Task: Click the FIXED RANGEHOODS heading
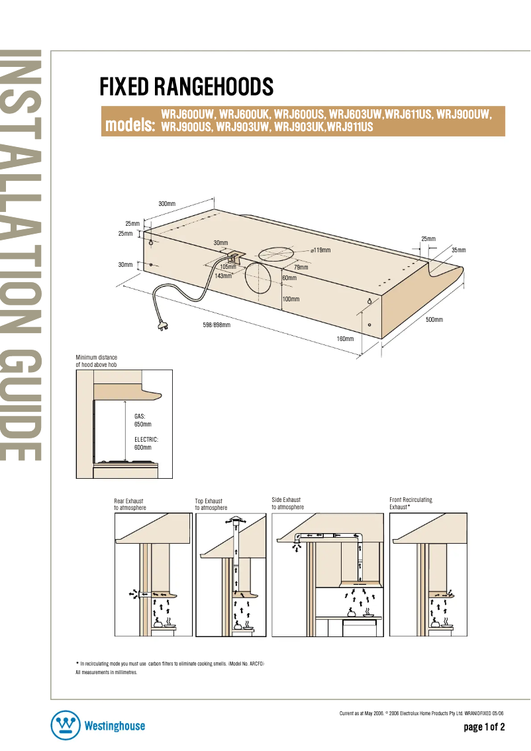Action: [186, 86]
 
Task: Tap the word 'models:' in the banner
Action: [130, 125]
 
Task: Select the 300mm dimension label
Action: [167, 203]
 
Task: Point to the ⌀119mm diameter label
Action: [320, 250]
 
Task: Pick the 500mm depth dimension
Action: [434, 320]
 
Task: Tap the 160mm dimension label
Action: [345, 339]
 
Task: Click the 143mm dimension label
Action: [223, 275]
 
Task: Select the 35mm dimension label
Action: [459, 250]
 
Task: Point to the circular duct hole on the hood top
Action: [273, 254]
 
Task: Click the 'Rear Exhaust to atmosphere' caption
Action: [130, 504]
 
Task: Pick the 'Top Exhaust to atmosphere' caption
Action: [210, 504]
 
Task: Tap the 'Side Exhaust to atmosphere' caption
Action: [287, 503]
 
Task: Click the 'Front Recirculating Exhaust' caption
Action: [410, 503]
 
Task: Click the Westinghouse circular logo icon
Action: [65, 726]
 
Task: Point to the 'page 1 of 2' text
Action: [484, 727]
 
